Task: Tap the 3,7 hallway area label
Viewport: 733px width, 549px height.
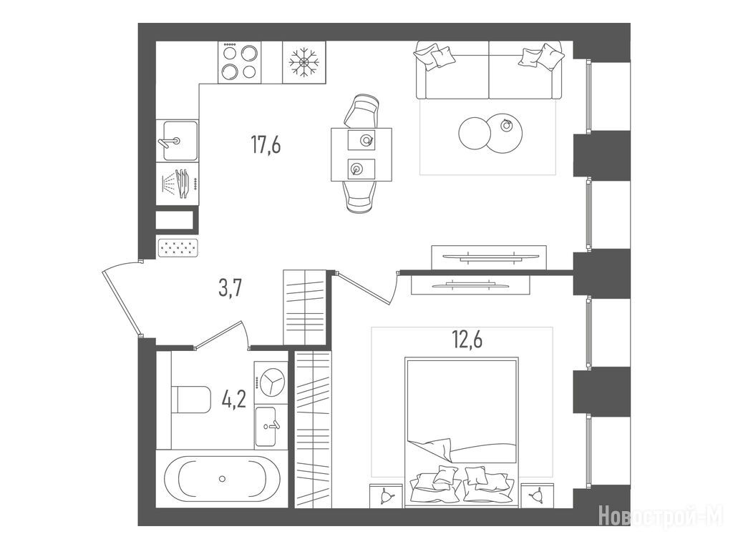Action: pyautogui.click(x=230, y=289)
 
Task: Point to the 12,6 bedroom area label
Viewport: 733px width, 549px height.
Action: pyautogui.click(x=467, y=340)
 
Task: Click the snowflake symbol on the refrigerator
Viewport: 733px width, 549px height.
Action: pyautogui.click(x=304, y=62)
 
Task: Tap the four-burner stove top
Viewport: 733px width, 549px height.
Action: pyautogui.click(x=240, y=62)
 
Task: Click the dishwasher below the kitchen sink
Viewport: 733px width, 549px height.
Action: pyautogui.click(x=178, y=184)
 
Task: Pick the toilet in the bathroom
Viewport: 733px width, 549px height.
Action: pyautogui.click(x=190, y=399)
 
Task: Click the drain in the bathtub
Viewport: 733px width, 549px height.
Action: pyautogui.click(x=222, y=478)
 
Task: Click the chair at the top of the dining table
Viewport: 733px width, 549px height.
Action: pyautogui.click(x=361, y=111)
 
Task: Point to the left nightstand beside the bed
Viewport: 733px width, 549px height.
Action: pyautogui.click(x=386, y=495)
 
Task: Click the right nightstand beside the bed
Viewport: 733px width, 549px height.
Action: pyautogui.click(x=538, y=495)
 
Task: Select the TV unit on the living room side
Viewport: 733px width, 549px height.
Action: pyautogui.click(x=489, y=257)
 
